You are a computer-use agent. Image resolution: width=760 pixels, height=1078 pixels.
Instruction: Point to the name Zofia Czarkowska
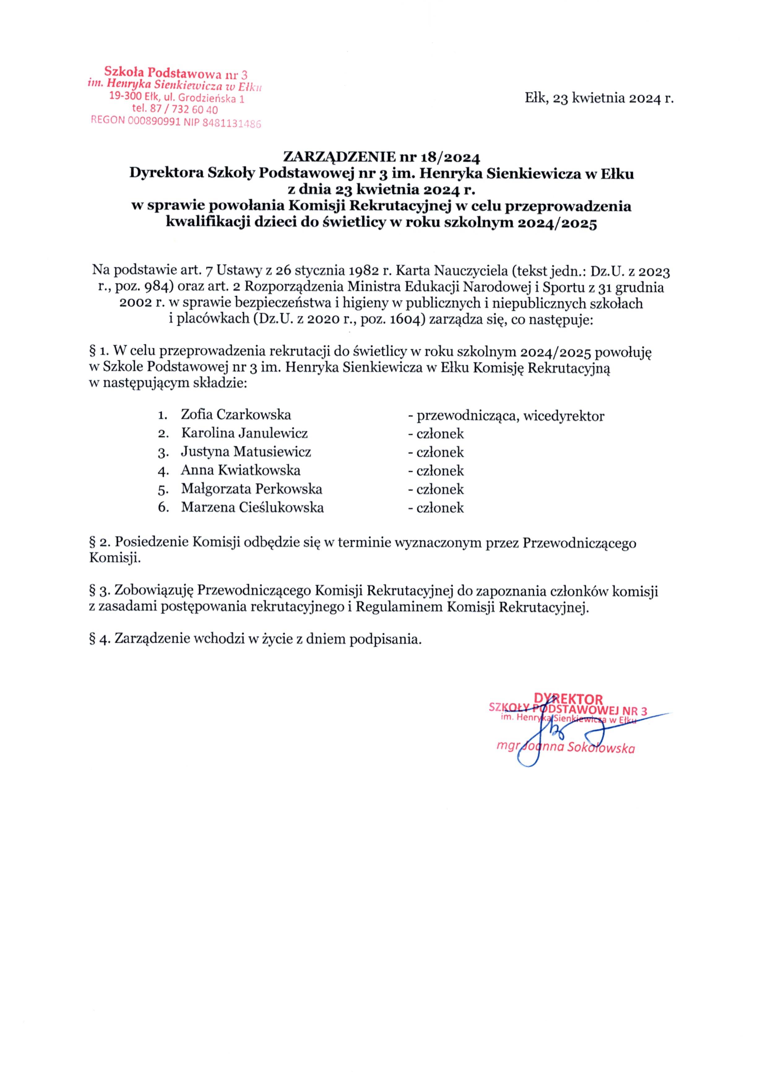coord(236,415)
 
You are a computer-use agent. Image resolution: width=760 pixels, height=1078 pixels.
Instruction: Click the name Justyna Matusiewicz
coord(246,452)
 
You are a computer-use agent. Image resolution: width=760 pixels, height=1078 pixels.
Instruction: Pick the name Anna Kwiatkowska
coord(240,470)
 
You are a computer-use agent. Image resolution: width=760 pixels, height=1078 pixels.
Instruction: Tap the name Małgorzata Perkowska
coord(252,489)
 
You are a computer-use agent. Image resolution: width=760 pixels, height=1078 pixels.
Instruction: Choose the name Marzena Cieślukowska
coord(252,507)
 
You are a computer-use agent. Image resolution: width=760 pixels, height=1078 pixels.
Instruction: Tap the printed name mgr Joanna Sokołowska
coord(566,748)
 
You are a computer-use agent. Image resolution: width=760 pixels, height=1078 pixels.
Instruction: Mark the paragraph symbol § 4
coord(96,639)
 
